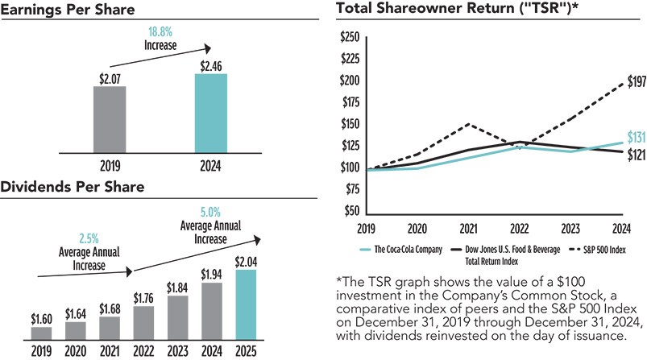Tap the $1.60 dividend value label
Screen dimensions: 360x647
tap(41, 318)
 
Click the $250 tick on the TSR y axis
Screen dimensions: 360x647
tap(350, 38)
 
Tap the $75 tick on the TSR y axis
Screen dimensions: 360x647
tap(351, 190)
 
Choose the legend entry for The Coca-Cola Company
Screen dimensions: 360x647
tap(404, 249)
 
